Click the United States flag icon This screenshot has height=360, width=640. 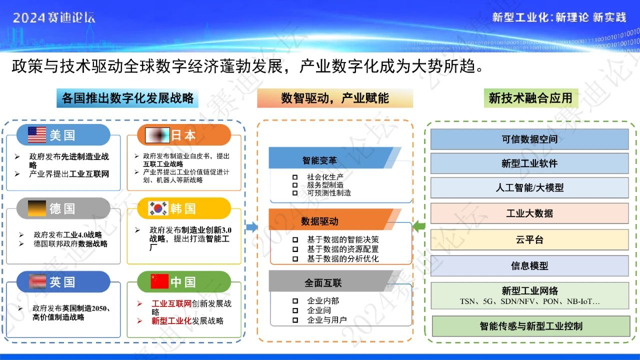pos(36,135)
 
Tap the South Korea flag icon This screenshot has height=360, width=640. pos(158,208)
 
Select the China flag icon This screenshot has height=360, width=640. pos(159,281)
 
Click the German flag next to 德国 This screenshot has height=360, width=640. pos(36,208)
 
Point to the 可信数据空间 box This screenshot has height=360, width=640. pos(529,139)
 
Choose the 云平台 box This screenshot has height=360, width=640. pos(529,239)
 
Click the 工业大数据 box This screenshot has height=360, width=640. pos(529,213)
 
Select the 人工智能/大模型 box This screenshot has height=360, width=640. pos(529,188)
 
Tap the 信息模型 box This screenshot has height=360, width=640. pos(529,266)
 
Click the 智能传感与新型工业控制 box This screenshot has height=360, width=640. pos(530,326)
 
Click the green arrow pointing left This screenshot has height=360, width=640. pos(419,227)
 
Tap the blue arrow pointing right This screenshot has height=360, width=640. pos(252,227)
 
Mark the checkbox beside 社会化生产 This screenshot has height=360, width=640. pos(295,177)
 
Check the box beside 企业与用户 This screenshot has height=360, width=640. pos(295,320)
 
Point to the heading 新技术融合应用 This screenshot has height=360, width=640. pos(530,98)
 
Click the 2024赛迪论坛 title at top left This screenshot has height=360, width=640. pos(54,18)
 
